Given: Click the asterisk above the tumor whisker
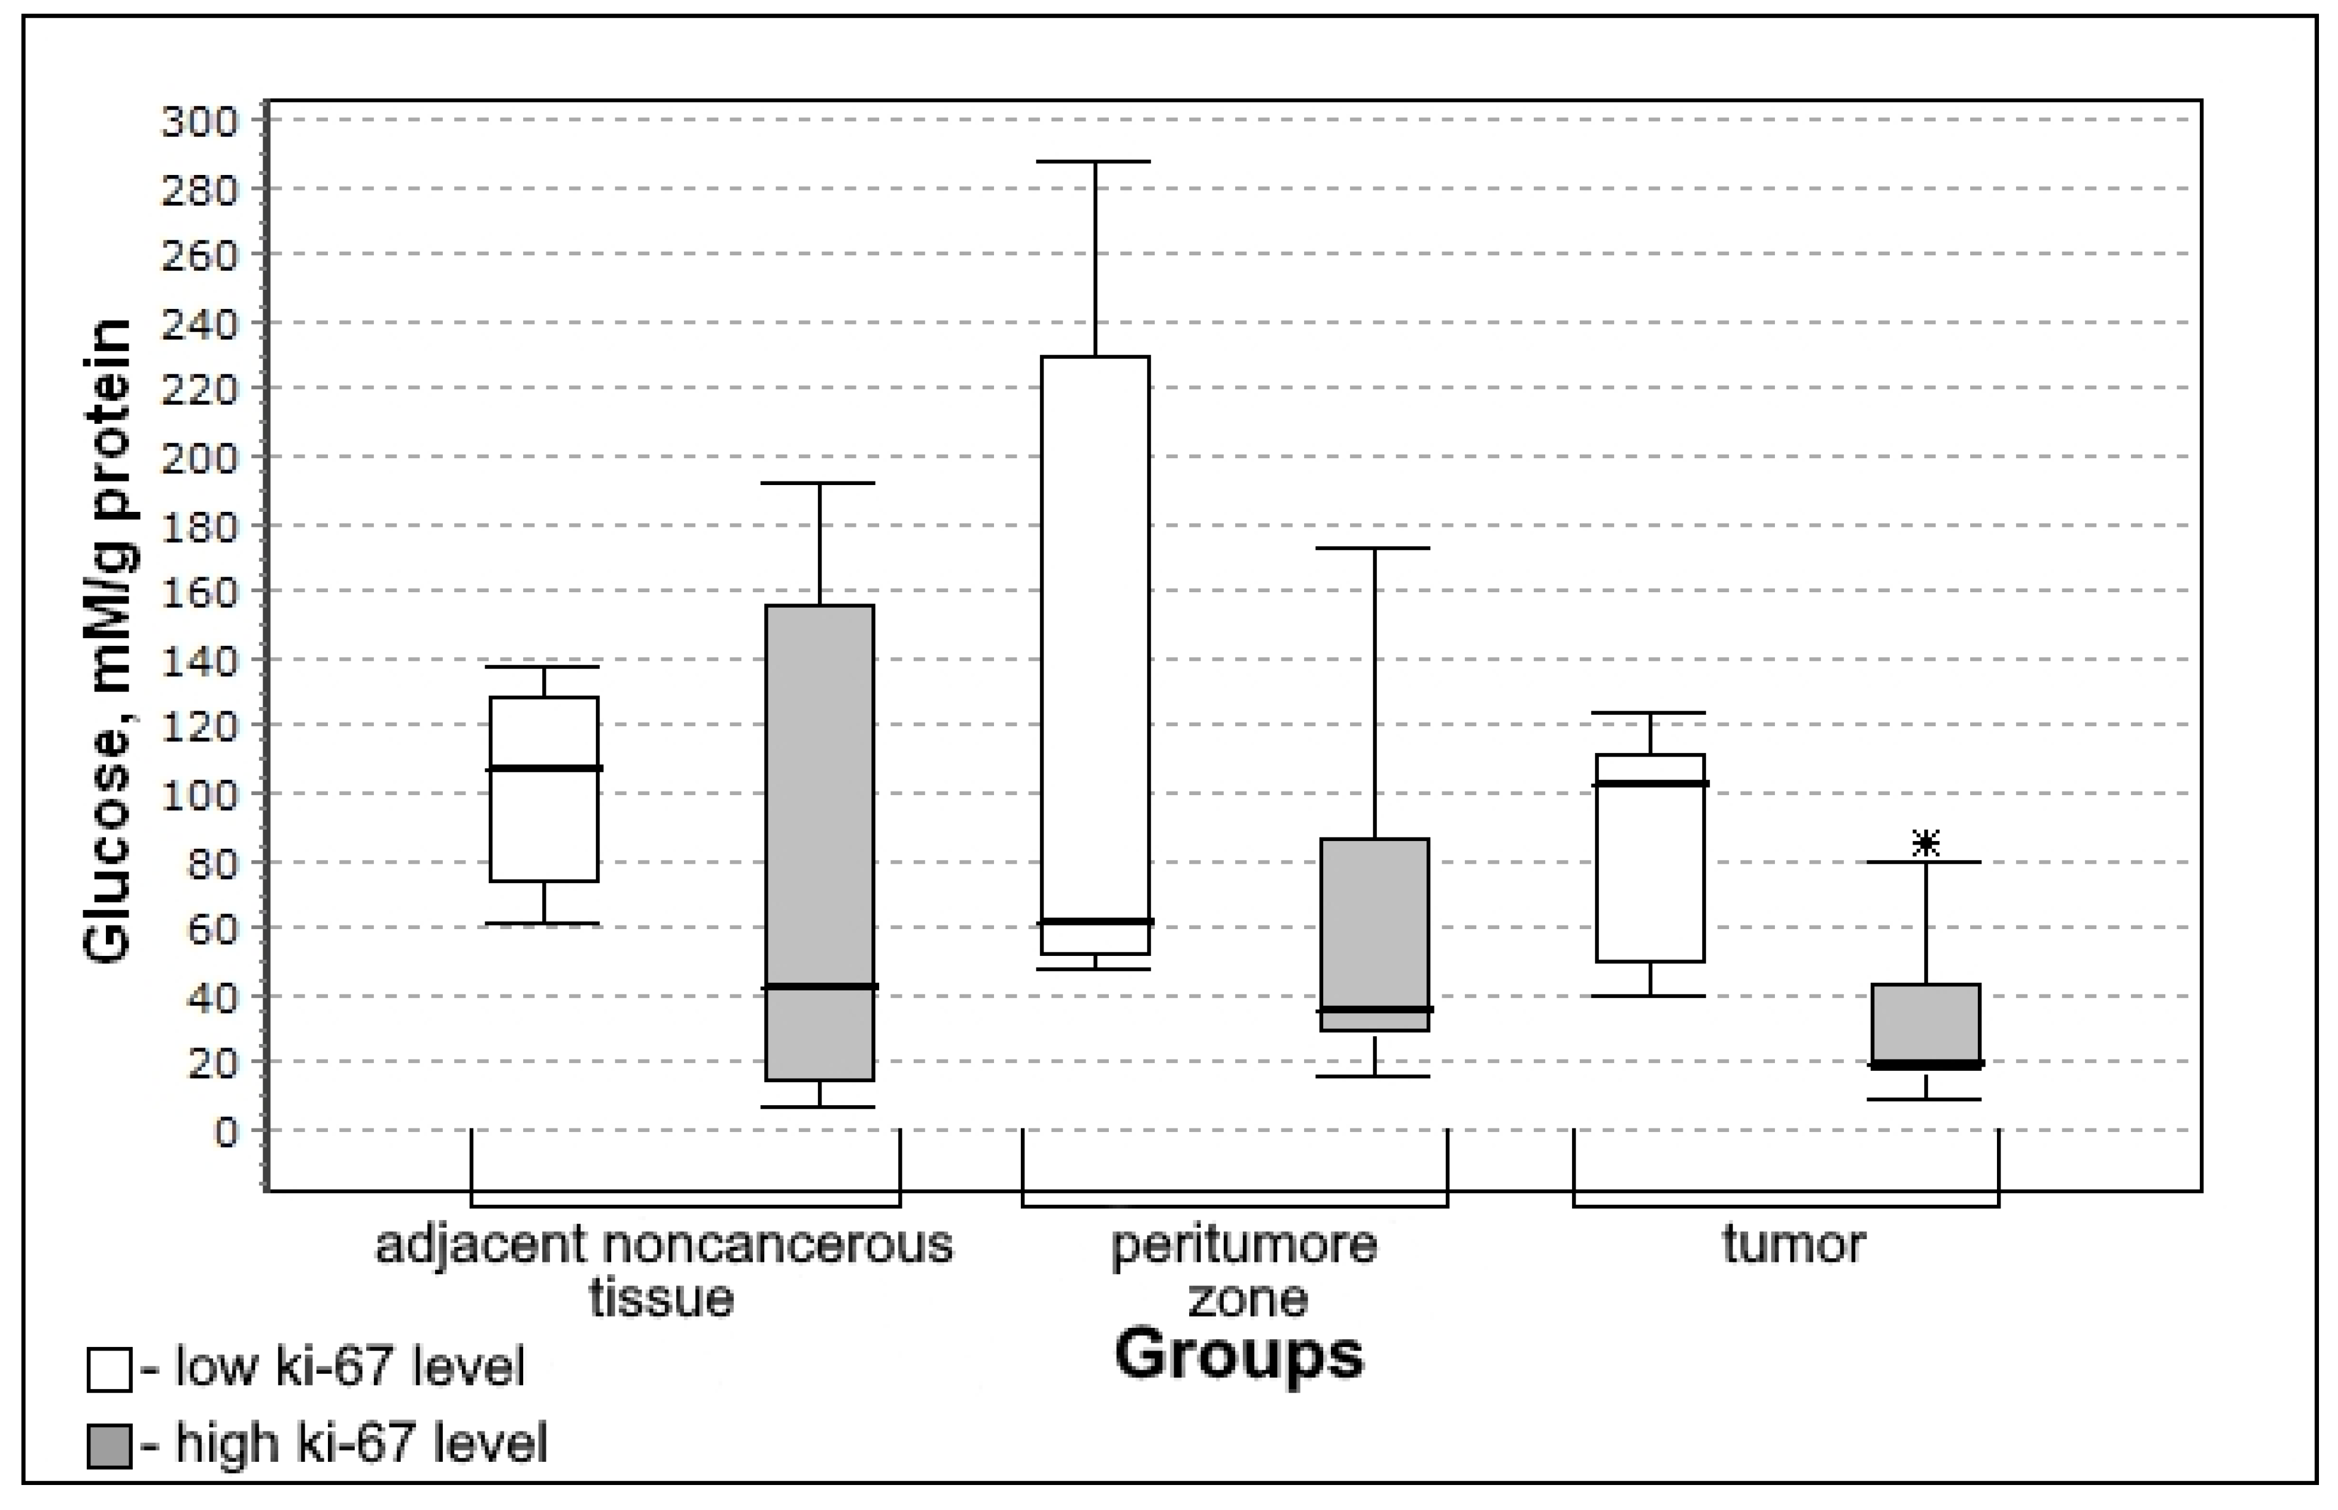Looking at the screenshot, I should click(1926, 842).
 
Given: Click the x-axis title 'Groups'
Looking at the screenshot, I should click(1238, 1356).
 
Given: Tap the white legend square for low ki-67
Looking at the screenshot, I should click(109, 1370).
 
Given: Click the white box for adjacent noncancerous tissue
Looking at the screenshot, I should click(544, 824).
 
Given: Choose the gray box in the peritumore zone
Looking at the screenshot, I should click(1374, 922).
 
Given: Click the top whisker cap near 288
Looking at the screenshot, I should click(1095, 162).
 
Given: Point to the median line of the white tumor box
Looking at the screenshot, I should click(1650, 783).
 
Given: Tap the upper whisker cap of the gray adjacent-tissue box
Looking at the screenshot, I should click(820, 483).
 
